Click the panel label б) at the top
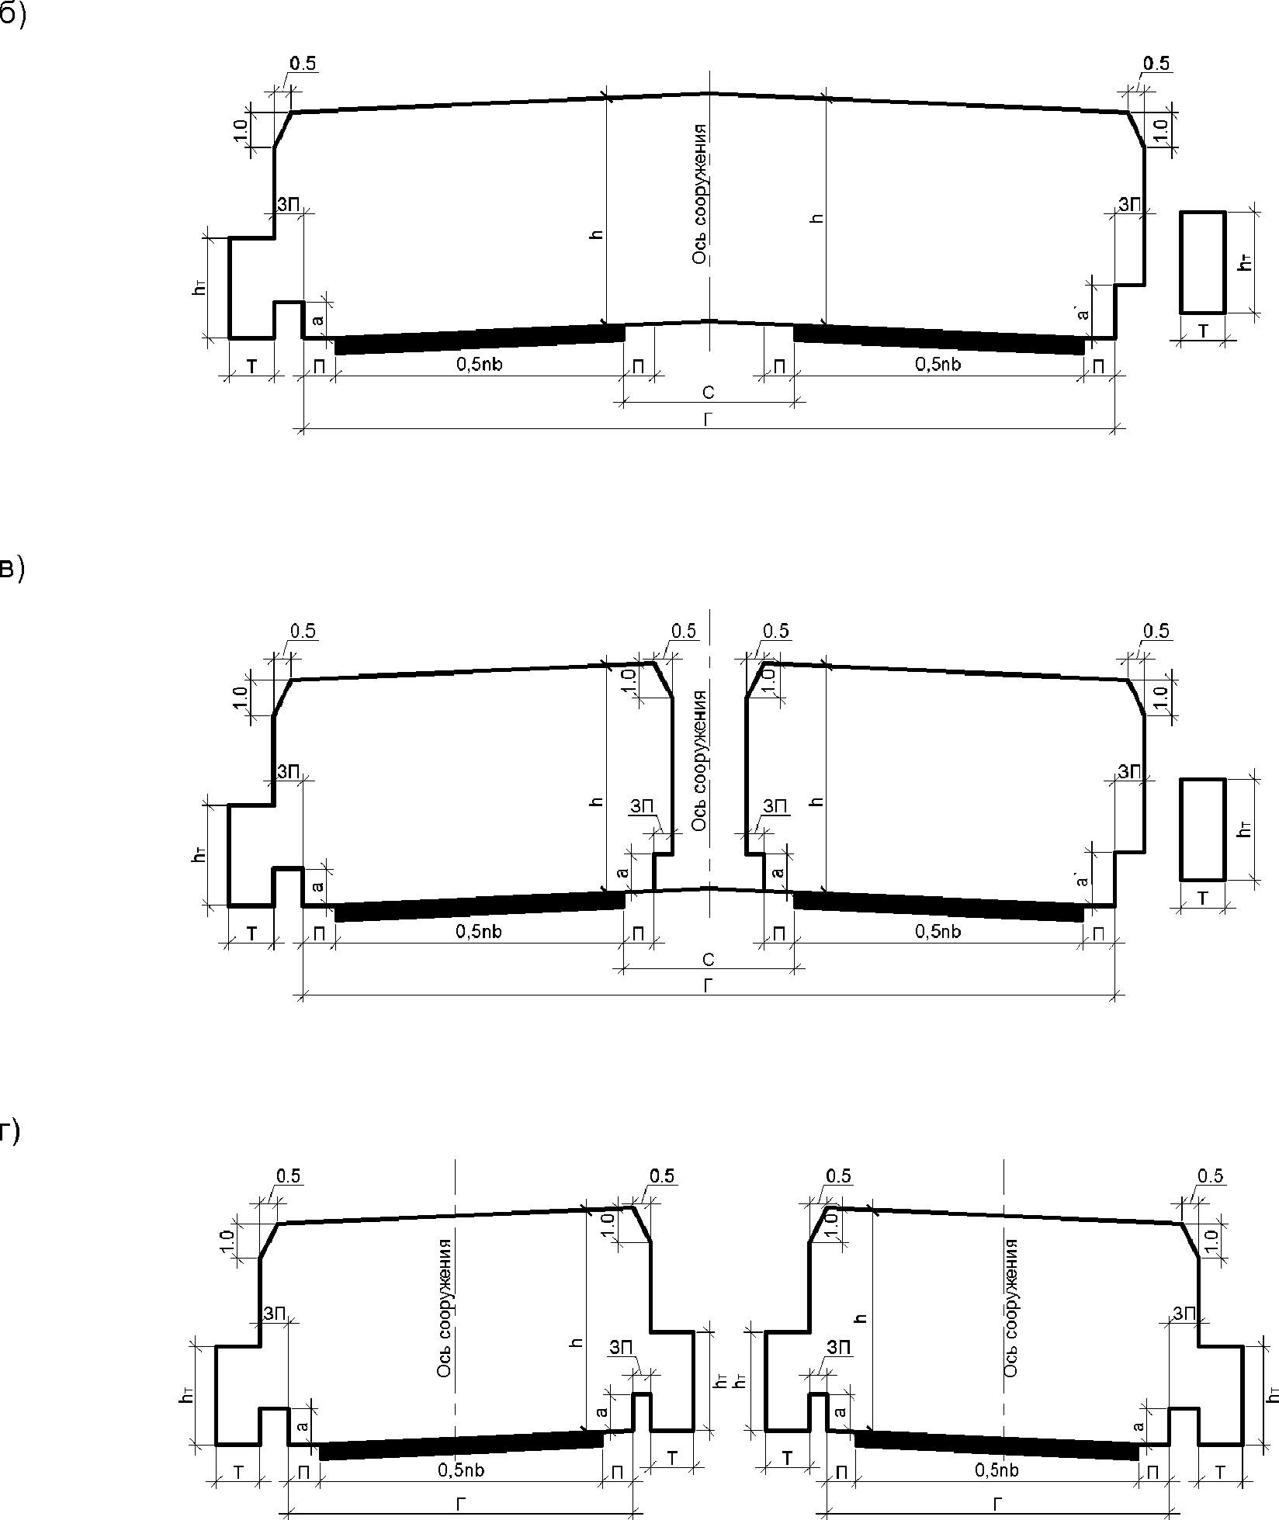tap(12, 17)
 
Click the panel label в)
tap(12, 569)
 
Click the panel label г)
tap(10, 1134)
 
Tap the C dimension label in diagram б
tap(708, 393)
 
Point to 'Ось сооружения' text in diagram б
tap(700, 193)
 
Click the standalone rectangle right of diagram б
tap(1203, 261)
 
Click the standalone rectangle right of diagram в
tap(1203, 829)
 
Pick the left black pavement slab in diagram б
tap(480, 339)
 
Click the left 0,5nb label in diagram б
tap(480, 364)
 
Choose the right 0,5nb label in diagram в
tap(938, 931)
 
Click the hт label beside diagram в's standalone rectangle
tap(1246, 829)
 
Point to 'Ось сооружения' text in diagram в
tap(700, 759)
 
